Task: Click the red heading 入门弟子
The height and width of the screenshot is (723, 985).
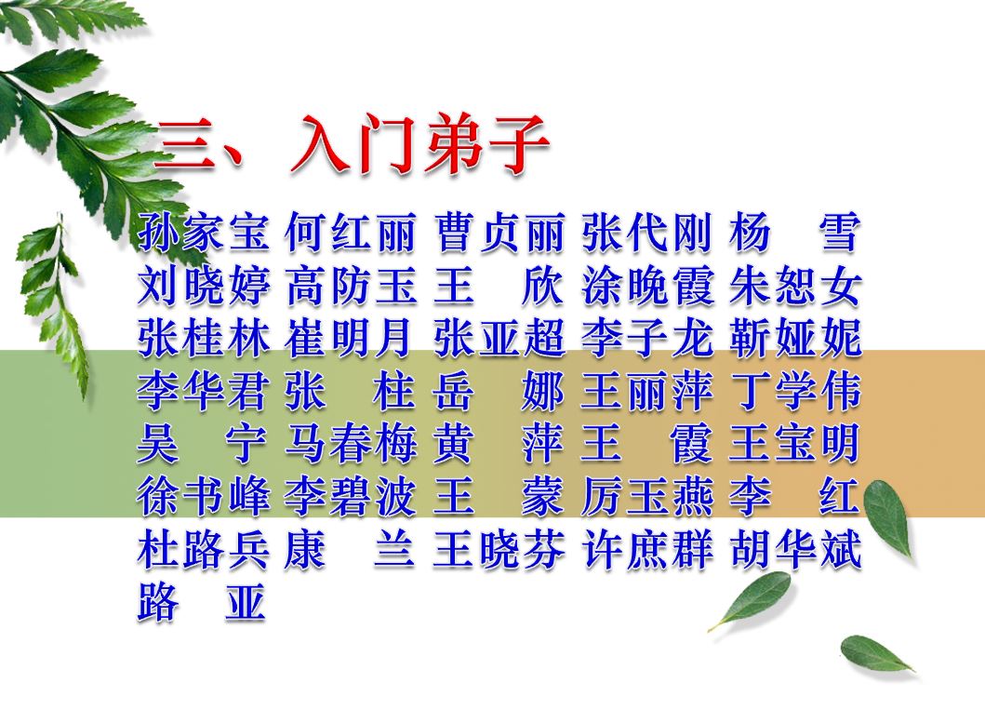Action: pyautogui.click(x=420, y=143)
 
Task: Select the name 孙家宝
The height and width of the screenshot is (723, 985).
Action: pyautogui.click(x=204, y=232)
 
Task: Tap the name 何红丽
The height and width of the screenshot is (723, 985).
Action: pyautogui.click(x=351, y=232)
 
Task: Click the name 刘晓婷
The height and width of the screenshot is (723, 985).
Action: pyautogui.click(x=204, y=286)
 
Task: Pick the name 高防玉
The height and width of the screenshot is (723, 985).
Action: pyautogui.click(x=351, y=286)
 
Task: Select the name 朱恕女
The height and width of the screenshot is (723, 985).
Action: pyautogui.click(x=794, y=286)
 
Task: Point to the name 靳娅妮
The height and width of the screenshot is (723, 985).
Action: pyautogui.click(x=794, y=339)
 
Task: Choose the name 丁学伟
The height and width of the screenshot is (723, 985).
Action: pyautogui.click(x=794, y=391)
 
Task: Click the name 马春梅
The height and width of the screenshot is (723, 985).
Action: pyautogui.click(x=351, y=444)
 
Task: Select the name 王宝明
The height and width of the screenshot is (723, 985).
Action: pyautogui.click(x=794, y=444)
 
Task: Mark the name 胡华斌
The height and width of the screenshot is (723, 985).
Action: pyautogui.click(x=794, y=550)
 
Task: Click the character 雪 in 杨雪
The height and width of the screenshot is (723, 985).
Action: pyautogui.click(x=839, y=232)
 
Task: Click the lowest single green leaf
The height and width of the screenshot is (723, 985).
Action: pyautogui.click(x=877, y=654)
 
